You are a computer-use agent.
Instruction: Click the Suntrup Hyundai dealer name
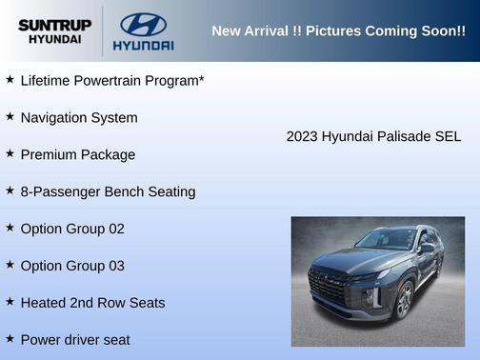[54, 30]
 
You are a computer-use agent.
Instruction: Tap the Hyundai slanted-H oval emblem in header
[143, 24]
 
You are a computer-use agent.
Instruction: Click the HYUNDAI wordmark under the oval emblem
[143, 45]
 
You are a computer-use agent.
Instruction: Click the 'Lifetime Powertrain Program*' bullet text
[112, 80]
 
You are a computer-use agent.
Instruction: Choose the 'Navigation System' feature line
[79, 117]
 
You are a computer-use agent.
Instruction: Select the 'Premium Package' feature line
[78, 154]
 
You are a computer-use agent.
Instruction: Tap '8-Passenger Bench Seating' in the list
[108, 191]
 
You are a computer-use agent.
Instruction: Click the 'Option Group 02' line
[72, 229]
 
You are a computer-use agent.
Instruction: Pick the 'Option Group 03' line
[72, 266]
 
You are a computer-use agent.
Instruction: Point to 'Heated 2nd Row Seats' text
[92, 303]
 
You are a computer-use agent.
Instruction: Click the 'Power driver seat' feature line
[75, 339]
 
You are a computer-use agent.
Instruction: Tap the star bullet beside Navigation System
[10, 116]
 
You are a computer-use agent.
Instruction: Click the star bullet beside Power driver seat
[10, 338]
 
